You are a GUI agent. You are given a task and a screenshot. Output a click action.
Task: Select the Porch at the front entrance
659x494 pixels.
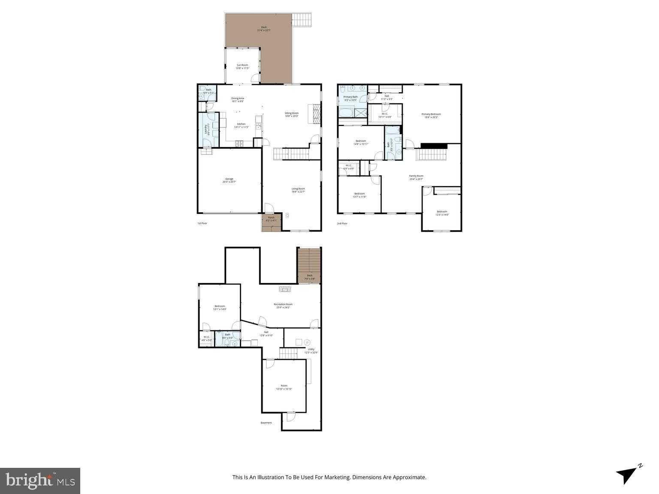pyautogui.click(x=271, y=219)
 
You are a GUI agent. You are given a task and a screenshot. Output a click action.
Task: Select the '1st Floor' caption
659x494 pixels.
pyautogui.click(x=202, y=223)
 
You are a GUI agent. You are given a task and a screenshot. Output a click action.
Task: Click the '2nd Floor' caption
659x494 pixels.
pyautogui.click(x=342, y=223)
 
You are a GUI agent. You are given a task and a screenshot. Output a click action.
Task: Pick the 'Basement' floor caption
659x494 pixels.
pyautogui.click(x=266, y=423)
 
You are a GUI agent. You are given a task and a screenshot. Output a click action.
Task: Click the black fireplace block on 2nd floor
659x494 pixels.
pyautogui.click(x=434, y=146)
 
